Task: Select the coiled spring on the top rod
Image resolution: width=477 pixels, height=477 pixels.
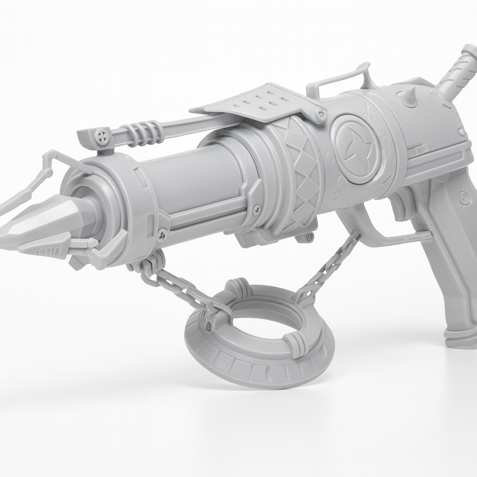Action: click(144, 131)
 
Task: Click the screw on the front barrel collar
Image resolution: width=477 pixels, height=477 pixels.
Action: click(162, 235)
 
